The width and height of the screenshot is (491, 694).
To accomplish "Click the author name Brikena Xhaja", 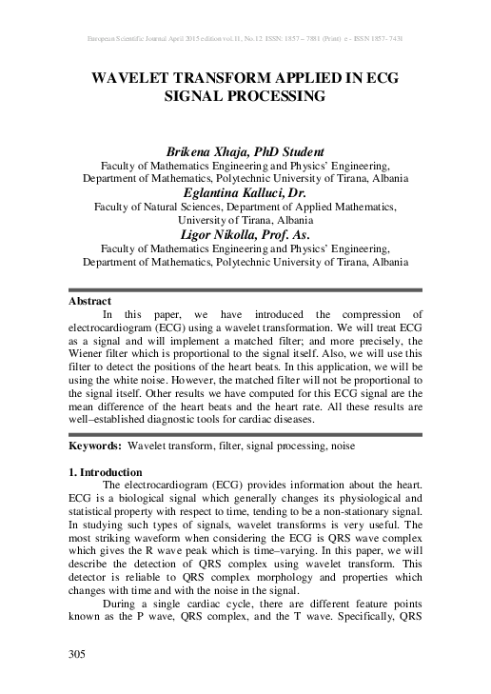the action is click(x=206, y=151).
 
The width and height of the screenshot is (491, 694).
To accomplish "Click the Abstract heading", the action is click(x=90, y=301).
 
